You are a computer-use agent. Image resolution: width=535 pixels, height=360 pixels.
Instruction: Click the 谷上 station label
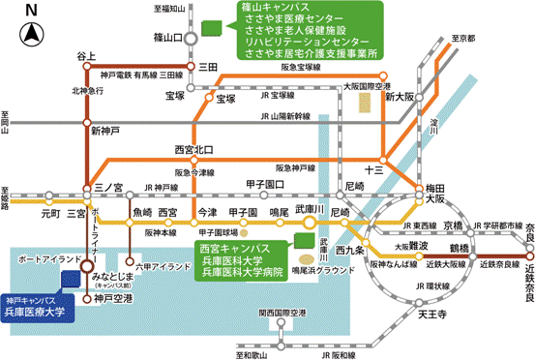(x=87, y=56)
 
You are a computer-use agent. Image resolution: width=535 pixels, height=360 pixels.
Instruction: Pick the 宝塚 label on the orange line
(x=226, y=98)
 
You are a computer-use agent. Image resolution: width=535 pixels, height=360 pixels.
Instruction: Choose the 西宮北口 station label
(x=192, y=150)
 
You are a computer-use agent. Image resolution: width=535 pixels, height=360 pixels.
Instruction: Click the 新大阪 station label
(x=399, y=98)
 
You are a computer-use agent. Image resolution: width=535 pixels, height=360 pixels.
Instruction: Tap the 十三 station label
(x=374, y=168)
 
